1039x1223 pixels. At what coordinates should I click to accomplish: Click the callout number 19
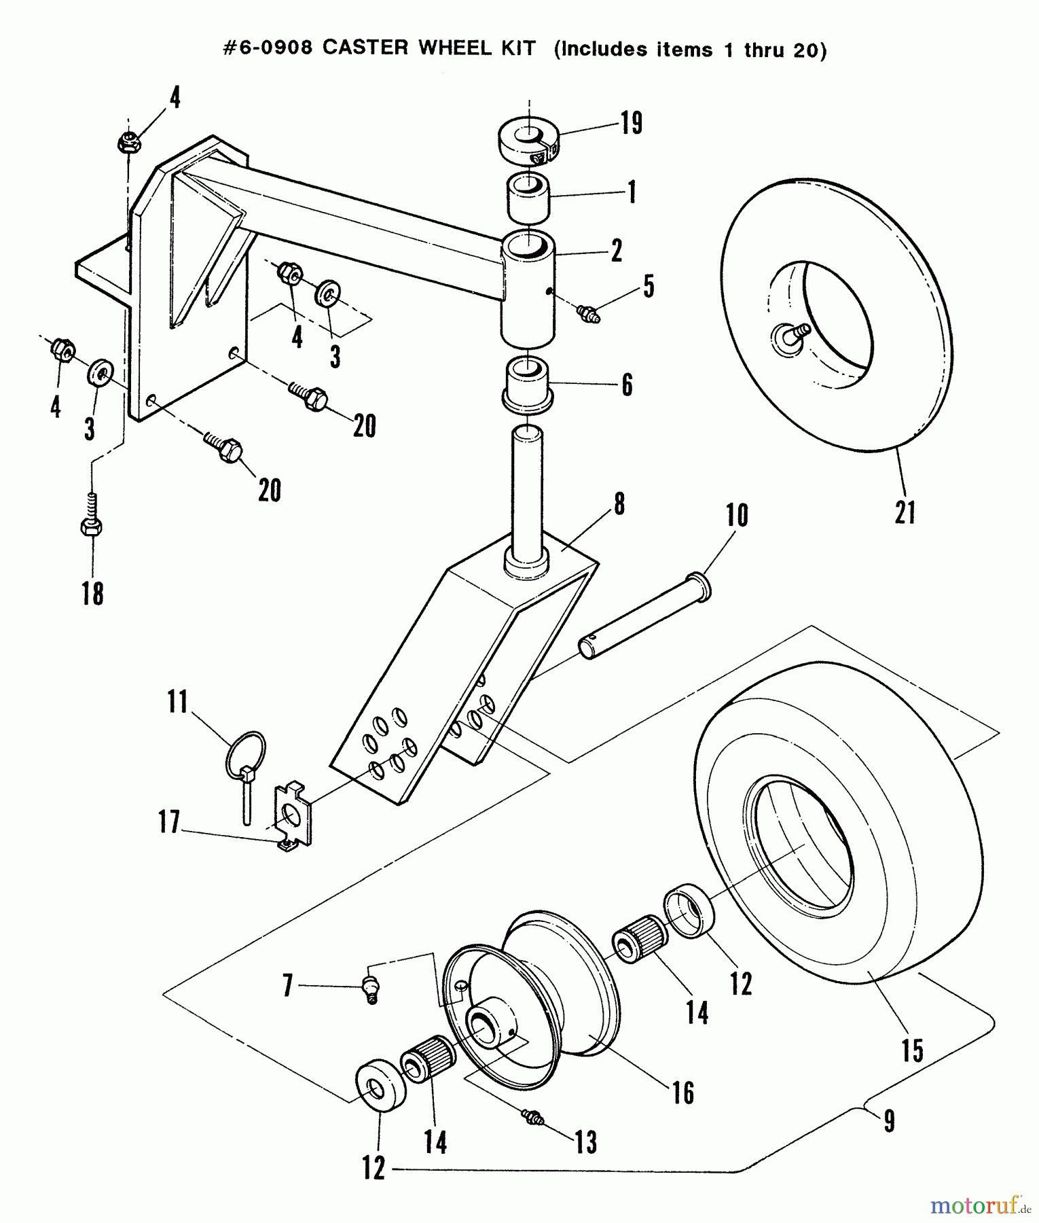point(631,124)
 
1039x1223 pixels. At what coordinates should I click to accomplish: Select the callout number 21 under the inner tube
point(905,512)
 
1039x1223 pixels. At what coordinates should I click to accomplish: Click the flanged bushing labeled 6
point(527,385)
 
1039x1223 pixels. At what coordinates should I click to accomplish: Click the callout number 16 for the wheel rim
point(683,1092)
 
